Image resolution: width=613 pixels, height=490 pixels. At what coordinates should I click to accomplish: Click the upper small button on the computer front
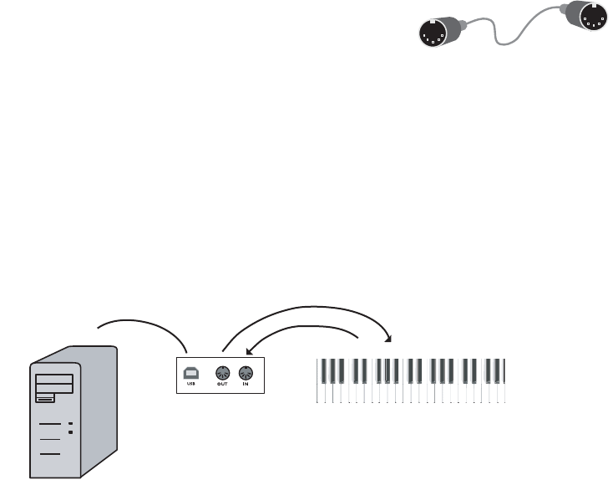[71, 424]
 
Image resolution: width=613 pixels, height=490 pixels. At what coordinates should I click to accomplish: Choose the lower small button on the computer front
[71, 433]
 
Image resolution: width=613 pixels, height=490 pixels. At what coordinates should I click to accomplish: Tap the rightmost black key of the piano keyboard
[500, 370]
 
